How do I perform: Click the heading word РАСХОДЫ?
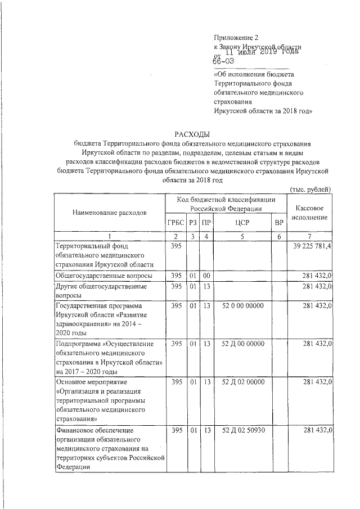(192, 134)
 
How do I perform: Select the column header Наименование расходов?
(109, 213)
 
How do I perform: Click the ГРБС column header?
(175, 223)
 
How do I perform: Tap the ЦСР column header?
(242, 223)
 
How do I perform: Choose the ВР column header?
(278, 223)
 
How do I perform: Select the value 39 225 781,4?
(313, 246)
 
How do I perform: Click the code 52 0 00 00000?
(243, 305)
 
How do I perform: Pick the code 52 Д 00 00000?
(243, 343)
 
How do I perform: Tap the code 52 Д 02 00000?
(243, 382)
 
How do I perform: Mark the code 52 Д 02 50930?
(243, 430)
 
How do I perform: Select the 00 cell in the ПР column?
(207, 276)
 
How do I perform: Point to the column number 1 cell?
(109, 236)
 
